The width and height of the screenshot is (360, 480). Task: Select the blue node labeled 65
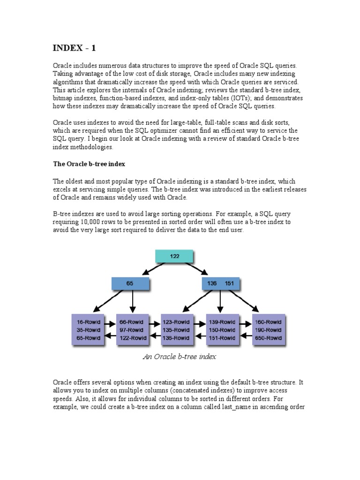point(130,284)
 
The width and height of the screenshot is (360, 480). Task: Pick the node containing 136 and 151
point(220,284)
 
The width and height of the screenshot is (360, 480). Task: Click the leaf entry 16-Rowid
point(87,322)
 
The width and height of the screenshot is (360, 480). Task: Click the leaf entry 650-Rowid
point(269,337)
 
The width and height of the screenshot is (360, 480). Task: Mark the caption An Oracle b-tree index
point(180,357)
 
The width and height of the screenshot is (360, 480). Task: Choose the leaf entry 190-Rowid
point(269,330)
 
